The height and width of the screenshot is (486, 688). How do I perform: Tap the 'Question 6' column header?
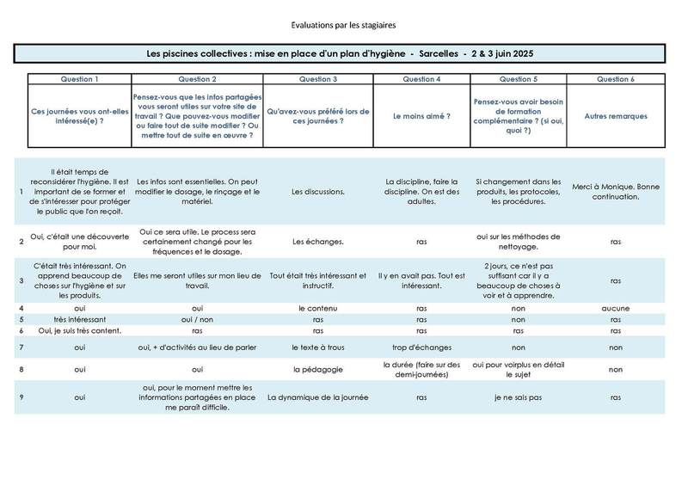coord(615,79)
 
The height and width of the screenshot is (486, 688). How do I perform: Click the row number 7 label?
coord(21,348)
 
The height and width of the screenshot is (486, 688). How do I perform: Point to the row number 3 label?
coord(21,280)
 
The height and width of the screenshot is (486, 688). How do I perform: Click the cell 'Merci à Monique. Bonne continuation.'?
coord(615,192)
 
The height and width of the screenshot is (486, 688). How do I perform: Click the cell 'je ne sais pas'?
coord(518,398)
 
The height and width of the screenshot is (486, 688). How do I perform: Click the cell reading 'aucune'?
coord(615,307)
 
